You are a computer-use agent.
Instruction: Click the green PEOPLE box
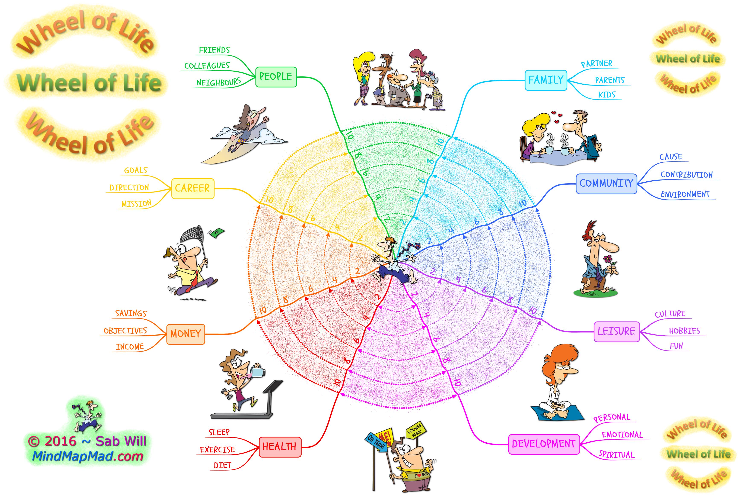(x=276, y=77)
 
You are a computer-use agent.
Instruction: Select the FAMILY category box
(x=546, y=80)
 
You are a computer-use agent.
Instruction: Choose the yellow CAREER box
(x=193, y=188)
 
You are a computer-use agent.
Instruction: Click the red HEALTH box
(x=280, y=447)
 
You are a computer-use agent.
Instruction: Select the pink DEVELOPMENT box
(x=544, y=444)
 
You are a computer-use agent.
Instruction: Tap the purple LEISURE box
(x=617, y=331)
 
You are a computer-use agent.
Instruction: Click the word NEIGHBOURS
(x=219, y=83)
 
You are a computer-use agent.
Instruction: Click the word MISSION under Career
(x=137, y=204)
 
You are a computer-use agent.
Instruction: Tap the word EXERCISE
(x=217, y=450)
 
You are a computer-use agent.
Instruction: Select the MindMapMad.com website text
(x=88, y=456)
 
